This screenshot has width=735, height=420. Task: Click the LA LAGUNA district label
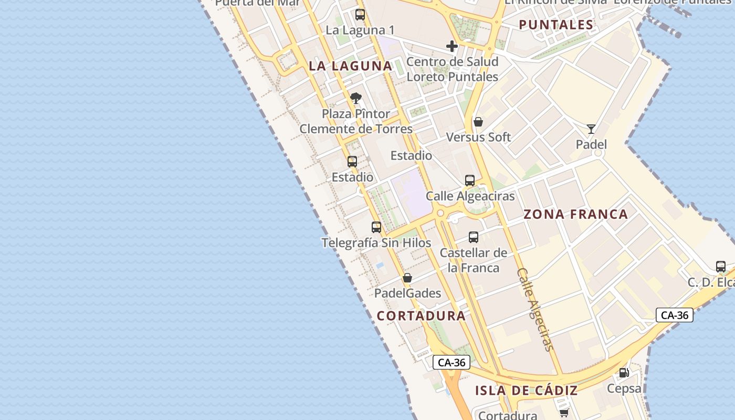[x=351, y=66]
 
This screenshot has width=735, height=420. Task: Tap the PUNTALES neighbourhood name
[x=556, y=25]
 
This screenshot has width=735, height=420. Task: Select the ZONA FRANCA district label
[x=575, y=214]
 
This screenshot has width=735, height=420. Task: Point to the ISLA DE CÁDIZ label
[x=526, y=391]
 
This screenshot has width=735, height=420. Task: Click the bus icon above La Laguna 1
[x=360, y=15]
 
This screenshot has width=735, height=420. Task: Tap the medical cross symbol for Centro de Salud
[x=452, y=46]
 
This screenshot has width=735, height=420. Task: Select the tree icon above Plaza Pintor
[x=356, y=98]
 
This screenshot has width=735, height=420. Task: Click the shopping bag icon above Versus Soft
[x=478, y=122]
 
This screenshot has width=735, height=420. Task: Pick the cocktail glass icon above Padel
[x=591, y=129]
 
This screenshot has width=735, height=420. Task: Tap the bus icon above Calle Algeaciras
[x=470, y=181]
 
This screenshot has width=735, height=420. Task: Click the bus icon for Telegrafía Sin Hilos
[x=376, y=227]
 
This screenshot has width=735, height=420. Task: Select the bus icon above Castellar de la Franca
[x=474, y=237]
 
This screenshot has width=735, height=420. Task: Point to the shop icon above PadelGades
[x=407, y=278]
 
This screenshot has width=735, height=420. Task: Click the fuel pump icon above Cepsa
[x=624, y=373]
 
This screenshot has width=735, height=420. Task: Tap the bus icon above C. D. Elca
[x=721, y=267]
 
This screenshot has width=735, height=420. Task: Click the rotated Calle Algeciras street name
[x=535, y=310]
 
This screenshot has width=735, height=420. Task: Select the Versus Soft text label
[x=478, y=138]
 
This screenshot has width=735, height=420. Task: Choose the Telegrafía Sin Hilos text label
[x=376, y=243]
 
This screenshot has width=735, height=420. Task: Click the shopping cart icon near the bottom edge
[x=564, y=413]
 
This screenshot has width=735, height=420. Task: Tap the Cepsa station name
[x=624, y=388]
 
